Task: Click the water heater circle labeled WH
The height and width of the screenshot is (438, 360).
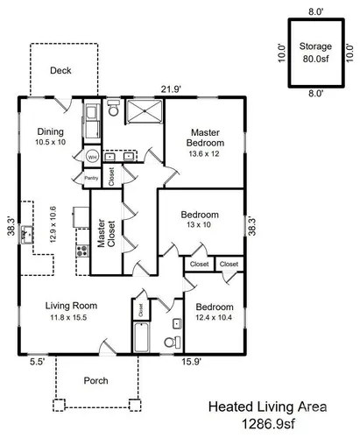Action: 92,158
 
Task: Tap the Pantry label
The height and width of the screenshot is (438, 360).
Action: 91,178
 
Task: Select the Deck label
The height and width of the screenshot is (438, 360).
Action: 60,70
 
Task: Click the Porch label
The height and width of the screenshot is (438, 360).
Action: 95,380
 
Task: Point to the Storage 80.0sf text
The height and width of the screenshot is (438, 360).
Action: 315,53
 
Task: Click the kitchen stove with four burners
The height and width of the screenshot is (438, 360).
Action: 82,251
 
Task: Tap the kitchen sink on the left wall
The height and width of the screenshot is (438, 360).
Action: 27,235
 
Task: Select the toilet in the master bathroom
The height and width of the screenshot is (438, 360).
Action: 113,108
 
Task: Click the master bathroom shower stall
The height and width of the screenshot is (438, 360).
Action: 145,110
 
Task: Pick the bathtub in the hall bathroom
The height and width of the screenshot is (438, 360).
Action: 142,337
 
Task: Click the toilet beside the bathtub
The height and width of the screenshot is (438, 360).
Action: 173,343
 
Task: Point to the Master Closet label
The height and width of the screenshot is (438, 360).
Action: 106,233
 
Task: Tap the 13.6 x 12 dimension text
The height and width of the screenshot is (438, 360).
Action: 204,153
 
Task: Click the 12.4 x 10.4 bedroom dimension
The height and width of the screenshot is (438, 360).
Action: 214,317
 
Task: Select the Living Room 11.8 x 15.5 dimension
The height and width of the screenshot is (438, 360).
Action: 68,317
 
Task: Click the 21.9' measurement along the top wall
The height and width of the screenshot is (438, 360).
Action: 172,89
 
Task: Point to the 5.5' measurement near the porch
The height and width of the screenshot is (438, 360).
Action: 37,362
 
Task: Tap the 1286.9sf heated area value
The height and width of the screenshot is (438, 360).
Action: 268,424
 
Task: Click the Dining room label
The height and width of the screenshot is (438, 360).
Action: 50,131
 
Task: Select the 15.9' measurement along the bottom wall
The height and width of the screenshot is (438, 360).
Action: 192,362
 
